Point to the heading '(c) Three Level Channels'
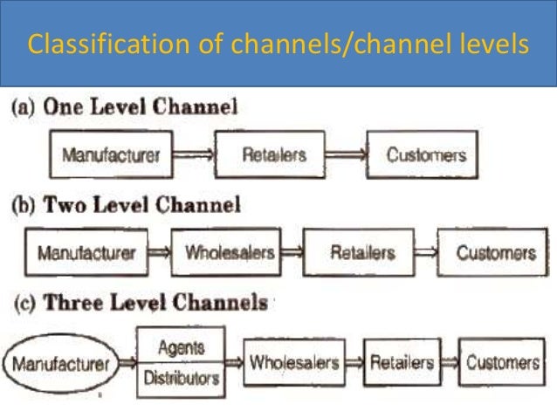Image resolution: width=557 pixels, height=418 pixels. coord(139,303)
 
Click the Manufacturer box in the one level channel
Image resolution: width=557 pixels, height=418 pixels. coord(111,156)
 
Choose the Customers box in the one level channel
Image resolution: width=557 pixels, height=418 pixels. coord(422,155)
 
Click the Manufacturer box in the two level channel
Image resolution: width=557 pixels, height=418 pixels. coord(86,253)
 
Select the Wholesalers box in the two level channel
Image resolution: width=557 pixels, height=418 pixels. coord(226,253)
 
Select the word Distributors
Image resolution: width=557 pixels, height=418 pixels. coord(182,380)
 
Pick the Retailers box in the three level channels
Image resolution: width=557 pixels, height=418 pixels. coord(402,361)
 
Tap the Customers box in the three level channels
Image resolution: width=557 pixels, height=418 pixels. coord(502,361)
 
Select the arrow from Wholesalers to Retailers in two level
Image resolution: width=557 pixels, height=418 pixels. coord(292,253)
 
